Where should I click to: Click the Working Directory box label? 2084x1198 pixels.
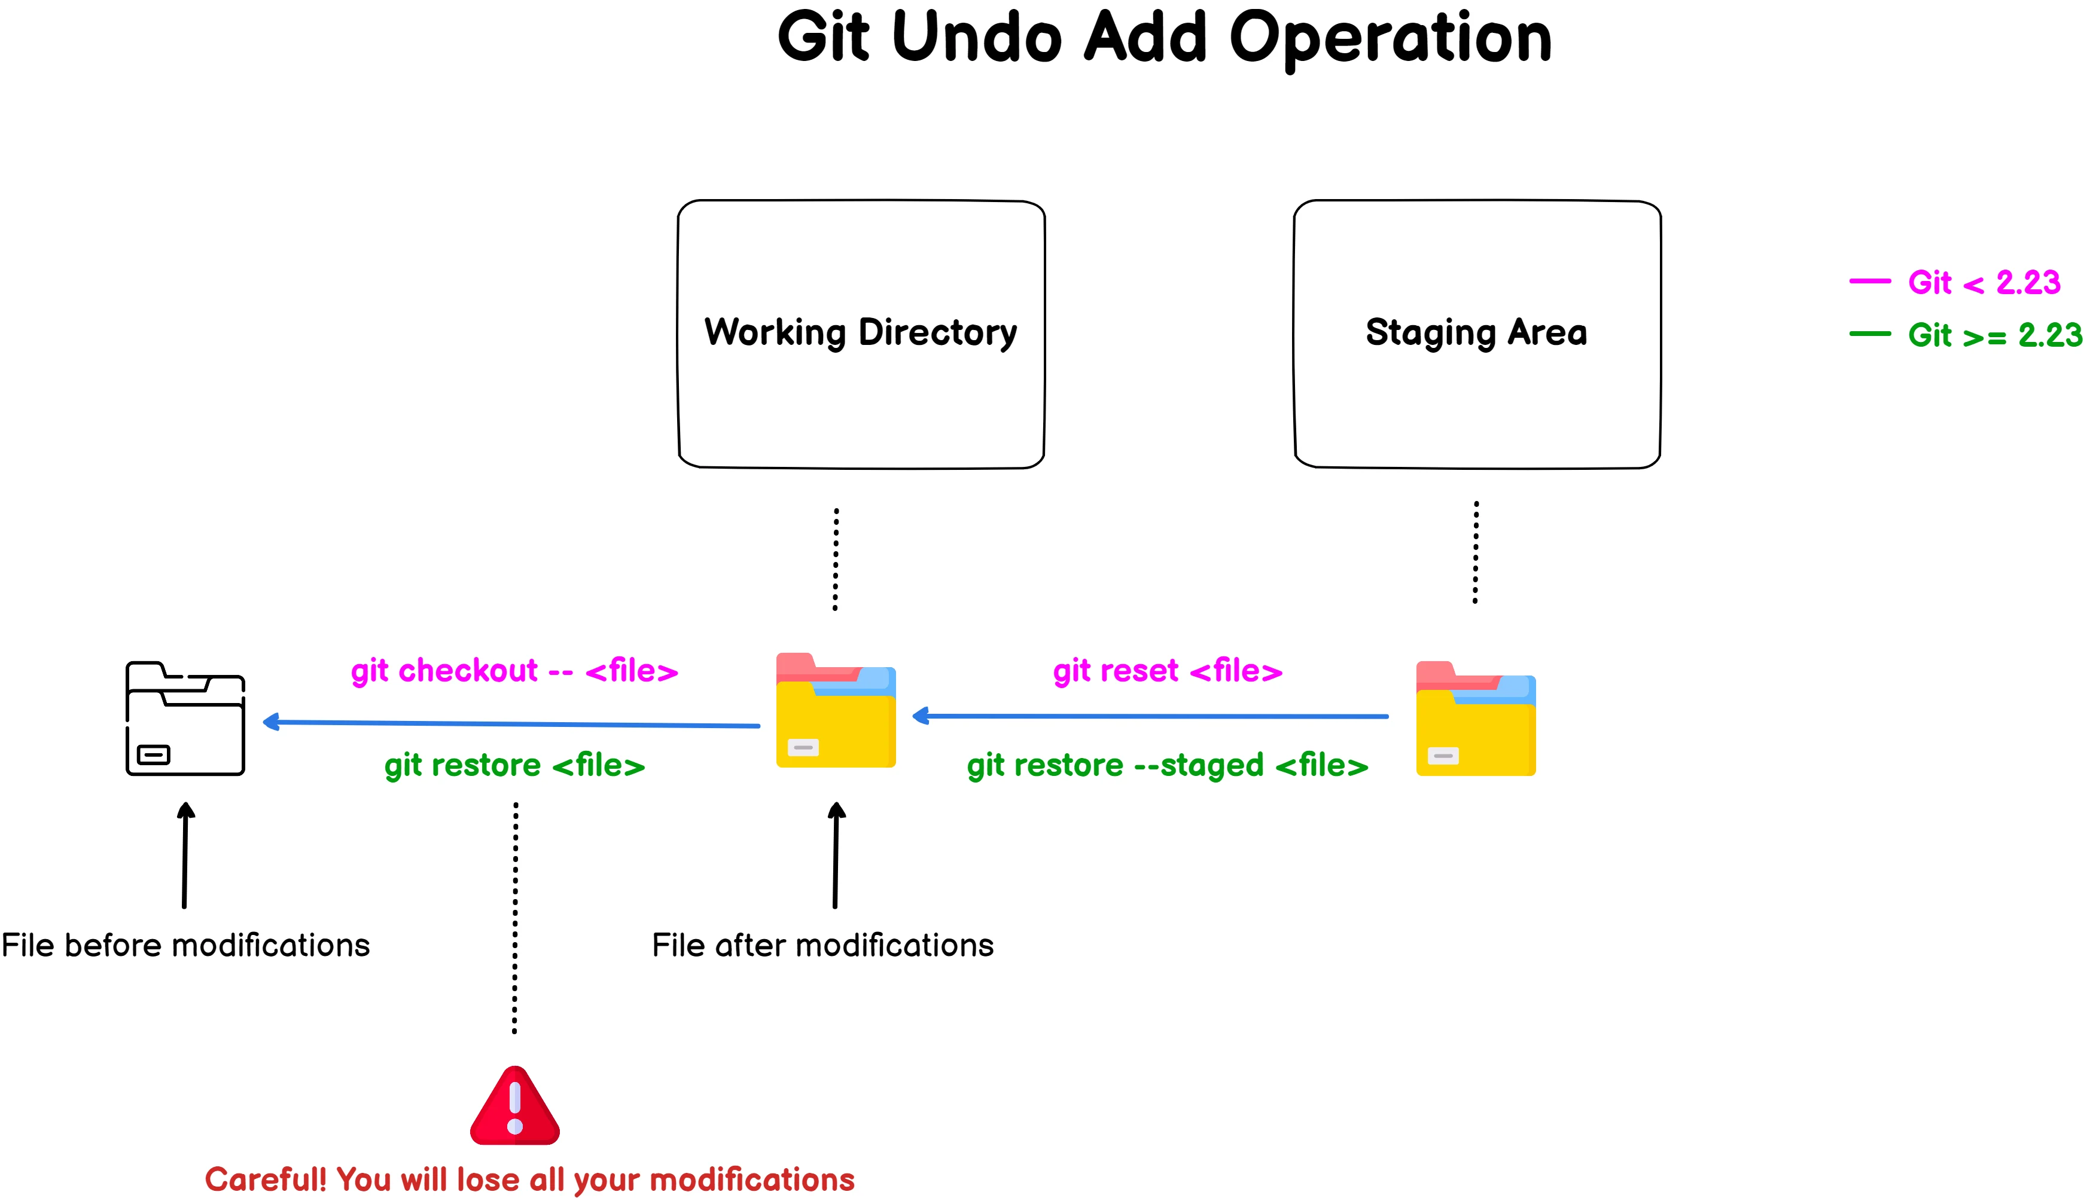pyautogui.click(x=860, y=332)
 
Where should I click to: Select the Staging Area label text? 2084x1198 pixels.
pyautogui.click(x=1476, y=332)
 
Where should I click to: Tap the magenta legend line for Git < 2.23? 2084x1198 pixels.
pyautogui.click(x=1869, y=282)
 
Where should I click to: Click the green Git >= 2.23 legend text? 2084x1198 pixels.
pyautogui.click(x=1994, y=335)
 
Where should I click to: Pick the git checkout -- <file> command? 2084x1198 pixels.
pyautogui.click(x=514, y=671)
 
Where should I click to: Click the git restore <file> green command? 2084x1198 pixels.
pyautogui.click(x=514, y=765)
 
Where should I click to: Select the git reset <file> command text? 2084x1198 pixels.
pyautogui.click(x=1167, y=671)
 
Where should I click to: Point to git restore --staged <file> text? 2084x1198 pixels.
pyautogui.click(x=1167, y=765)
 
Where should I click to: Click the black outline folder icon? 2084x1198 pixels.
pyautogui.click(x=185, y=719)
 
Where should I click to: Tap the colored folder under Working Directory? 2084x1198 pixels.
pyautogui.click(x=836, y=711)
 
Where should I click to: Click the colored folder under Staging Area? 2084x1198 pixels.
pyautogui.click(x=1475, y=719)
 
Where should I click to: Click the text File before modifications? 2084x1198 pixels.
pyautogui.click(x=185, y=945)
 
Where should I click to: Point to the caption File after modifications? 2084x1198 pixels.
pyautogui.click(x=822, y=945)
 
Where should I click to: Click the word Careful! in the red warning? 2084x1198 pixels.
pyautogui.click(x=265, y=1179)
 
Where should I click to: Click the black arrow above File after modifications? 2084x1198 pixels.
pyautogui.click(x=836, y=855)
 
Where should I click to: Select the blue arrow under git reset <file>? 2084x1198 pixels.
pyautogui.click(x=1152, y=717)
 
